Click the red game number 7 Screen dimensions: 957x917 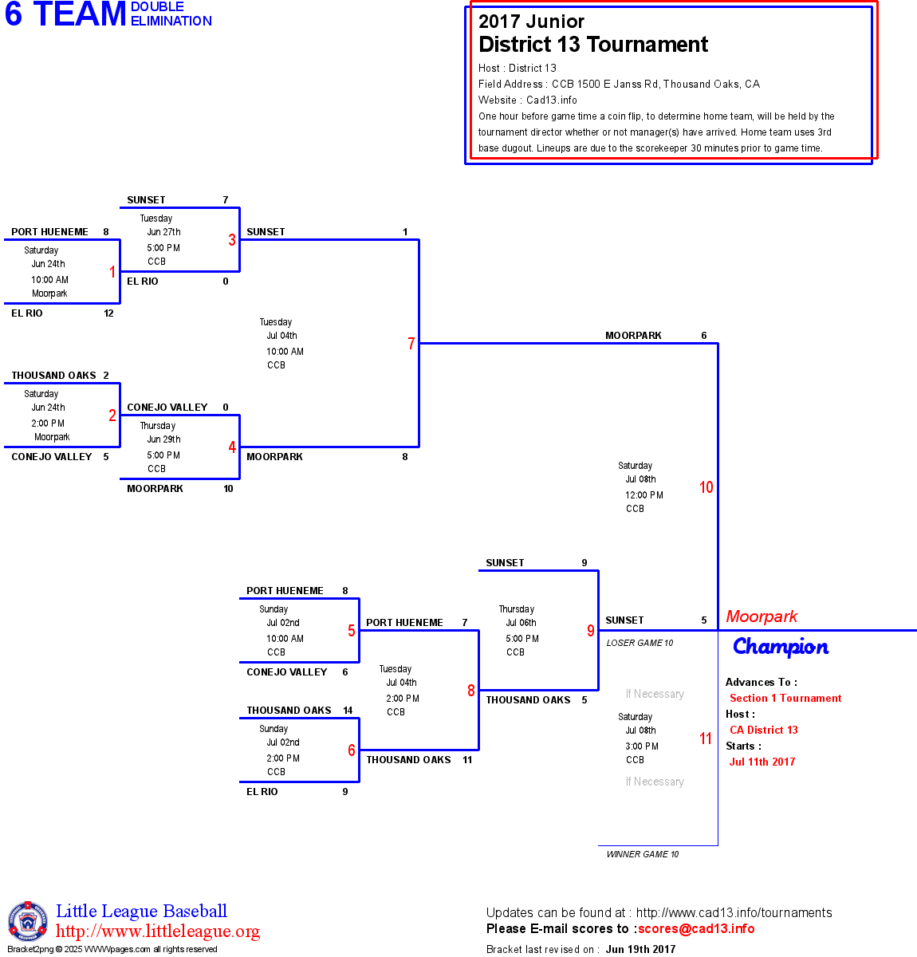(x=411, y=344)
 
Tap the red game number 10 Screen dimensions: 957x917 (x=706, y=487)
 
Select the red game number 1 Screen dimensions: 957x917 (x=112, y=272)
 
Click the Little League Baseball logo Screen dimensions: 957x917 (x=28, y=921)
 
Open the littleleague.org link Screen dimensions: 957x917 (x=158, y=931)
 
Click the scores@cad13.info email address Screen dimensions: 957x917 (x=696, y=928)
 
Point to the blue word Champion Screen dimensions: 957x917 (x=781, y=647)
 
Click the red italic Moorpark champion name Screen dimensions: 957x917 (x=762, y=616)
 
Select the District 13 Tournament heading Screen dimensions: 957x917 (x=593, y=45)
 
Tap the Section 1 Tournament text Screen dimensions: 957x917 (x=785, y=698)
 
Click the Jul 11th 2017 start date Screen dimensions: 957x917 (x=762, y=762)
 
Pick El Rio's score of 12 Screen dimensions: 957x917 (x=108, y=313)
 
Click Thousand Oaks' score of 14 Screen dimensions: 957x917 (x=348, y=711)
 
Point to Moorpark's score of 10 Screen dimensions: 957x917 (x=228, y=489)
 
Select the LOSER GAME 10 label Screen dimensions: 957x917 (x=640, y=643)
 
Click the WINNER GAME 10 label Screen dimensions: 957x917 (x=643, y=854)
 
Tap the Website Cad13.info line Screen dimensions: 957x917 (x=528, y=100)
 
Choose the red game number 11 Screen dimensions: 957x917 (x=706, y=738)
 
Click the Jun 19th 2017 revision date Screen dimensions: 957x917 (x=640, y=949)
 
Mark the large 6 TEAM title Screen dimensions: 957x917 (x=65, y=14)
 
